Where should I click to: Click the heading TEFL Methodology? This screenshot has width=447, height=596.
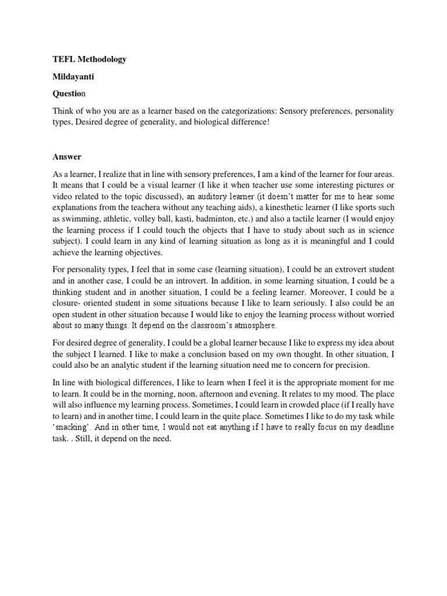pos(90,59)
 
